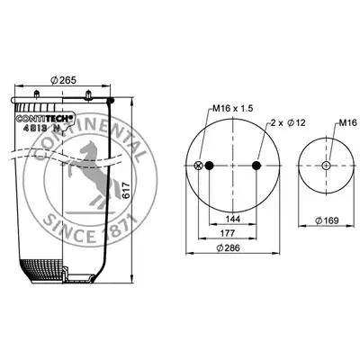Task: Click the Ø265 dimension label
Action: point(64,80)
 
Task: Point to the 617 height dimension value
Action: point(126,190)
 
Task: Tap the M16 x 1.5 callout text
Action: point(233,108)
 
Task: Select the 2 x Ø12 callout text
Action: point(288,122)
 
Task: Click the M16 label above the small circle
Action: point(347,122)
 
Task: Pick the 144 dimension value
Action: point(233,219)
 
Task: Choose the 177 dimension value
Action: point(227,233)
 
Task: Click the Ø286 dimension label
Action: point(228,247)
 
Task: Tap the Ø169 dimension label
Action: point(327,220)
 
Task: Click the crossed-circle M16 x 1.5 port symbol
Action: point(198,166)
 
